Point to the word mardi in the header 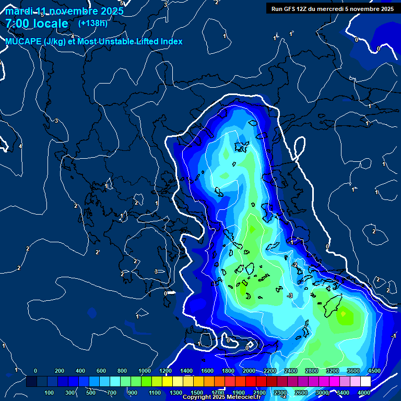[x=19, y=11]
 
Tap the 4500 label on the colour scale [x=374, y=371]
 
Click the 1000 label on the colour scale [x=145, y=371]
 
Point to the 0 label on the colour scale [x=36, y=371]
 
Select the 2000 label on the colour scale [x=249, y=371]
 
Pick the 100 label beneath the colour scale [x=50, y=393]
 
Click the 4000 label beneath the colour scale [x=364, y=393]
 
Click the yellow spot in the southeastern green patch [x=343, y=314]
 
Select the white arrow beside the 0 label [x=171, y=293]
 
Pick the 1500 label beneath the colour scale [x=196, y=393]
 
